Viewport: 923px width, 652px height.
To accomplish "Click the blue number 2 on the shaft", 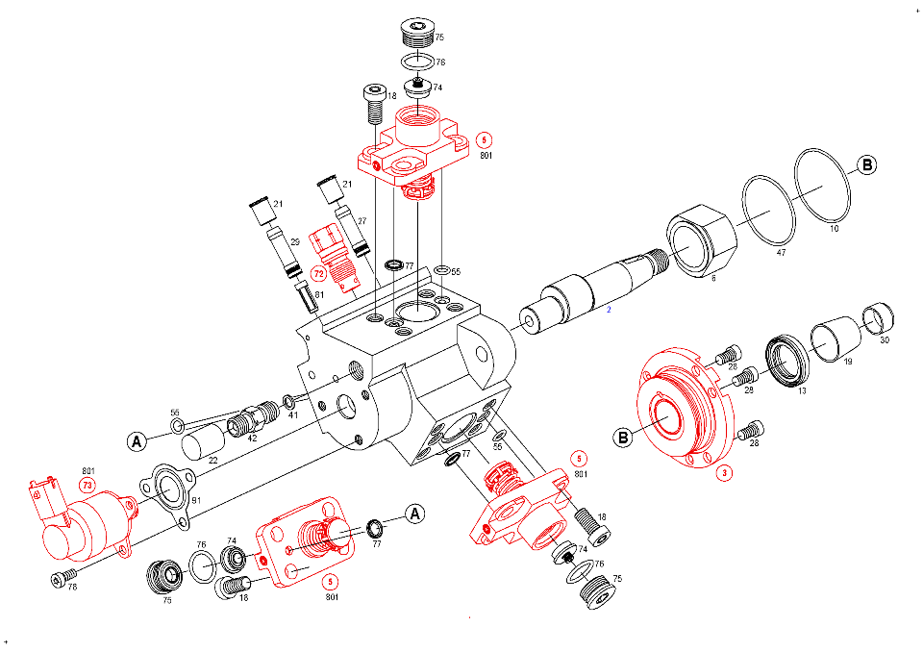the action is click(x=609, y=310).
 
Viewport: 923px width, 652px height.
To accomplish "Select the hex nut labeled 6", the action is click(x=702, y=240).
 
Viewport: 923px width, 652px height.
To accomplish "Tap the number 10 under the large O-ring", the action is click(x=834, y=229).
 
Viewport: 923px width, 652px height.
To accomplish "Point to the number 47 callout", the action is click(x=781, y=253).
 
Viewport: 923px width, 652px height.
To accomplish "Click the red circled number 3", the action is click(x=725, y=473).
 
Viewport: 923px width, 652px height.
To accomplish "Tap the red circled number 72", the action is click(x=318, y=274).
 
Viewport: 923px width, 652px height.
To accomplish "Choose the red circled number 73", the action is click(x=87, y=486).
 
